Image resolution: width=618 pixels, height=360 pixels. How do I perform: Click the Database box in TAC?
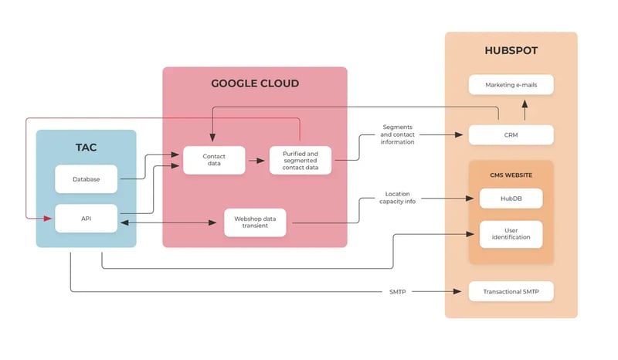click(86, 179)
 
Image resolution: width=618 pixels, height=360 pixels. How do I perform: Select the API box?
click(86, 219)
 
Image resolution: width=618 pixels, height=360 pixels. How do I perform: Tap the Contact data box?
click(214, 160)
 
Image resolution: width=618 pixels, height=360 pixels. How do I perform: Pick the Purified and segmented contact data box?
click(301, 160)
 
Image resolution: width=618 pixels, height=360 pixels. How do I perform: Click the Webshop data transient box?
click(255, 222)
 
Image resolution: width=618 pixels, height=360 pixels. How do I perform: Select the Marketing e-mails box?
click(511, 85)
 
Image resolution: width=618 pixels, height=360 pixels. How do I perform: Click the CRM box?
click(511, 135)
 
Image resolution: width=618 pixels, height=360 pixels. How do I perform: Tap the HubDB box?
click(511, 199)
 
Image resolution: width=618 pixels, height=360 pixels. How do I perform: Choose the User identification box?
click(511, 234)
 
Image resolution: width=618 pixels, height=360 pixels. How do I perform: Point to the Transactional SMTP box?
click(511, 291)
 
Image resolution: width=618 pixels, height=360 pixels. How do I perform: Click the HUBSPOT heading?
click(511, 50)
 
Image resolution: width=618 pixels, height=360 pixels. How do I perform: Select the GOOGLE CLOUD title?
click(255, 83)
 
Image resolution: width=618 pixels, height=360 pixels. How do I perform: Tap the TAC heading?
click(86, 148)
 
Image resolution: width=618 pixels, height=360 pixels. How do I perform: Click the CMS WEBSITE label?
click(511, 175)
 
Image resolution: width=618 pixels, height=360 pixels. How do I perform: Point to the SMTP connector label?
click(397, 292)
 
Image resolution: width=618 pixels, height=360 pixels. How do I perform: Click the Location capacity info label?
click(397, 198)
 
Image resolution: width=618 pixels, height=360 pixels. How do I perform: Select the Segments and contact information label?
click(397, 134)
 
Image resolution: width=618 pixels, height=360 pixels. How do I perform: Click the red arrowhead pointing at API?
click(48, 218)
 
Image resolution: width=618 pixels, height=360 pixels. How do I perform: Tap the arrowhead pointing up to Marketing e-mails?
click(525, 104)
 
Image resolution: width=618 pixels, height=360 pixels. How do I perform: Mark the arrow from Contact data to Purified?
click(256, 161)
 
